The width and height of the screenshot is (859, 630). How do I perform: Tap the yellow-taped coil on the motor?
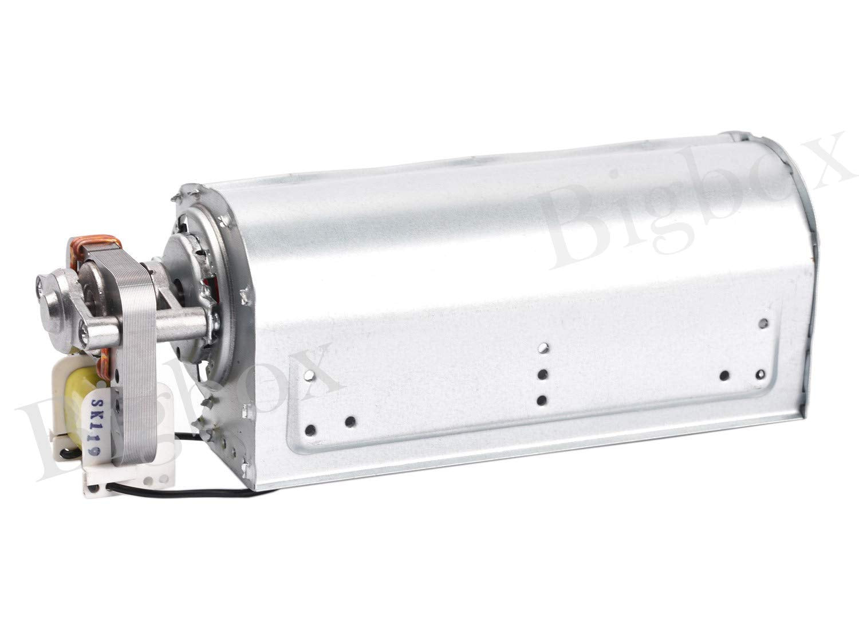coord(78,407)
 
